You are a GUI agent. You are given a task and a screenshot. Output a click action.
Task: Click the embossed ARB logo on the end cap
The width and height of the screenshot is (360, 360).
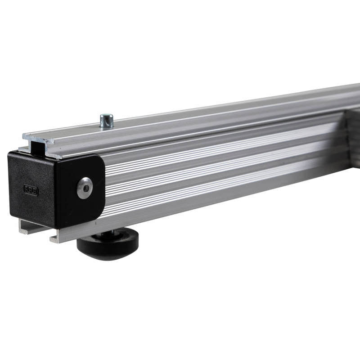pyautogui.click(x=31, y=190)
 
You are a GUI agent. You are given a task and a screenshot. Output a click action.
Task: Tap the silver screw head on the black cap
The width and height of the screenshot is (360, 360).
pyautogui.click(x=84, y=188)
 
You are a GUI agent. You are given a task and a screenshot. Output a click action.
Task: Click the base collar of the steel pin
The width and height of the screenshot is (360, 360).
pyautogui.click(x=107, y=126)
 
